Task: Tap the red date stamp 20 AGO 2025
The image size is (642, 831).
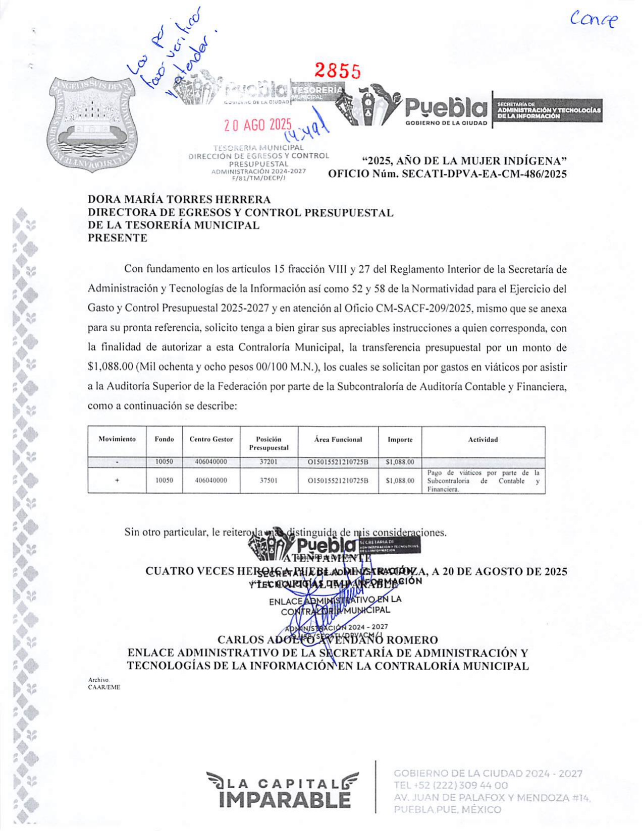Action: pos(258,125)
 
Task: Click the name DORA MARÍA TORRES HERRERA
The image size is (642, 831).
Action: pos(179,200)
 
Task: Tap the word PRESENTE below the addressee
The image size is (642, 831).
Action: pos(118,238)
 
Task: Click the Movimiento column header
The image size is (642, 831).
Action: pos(117,439)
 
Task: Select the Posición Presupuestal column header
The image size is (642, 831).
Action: pos(269,443)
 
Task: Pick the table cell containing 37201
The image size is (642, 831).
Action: pos(269,462)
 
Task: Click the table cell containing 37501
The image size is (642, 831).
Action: pos(269,481)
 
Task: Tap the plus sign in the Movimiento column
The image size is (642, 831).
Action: pos(117,481)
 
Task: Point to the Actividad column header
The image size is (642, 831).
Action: pos(483,440)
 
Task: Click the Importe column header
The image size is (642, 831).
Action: pos(400,440)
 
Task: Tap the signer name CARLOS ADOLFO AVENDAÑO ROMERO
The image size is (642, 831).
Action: pos(328,640)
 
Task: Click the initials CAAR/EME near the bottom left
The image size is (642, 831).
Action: pos(104,687)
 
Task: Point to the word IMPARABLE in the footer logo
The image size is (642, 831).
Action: pos(285,800)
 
